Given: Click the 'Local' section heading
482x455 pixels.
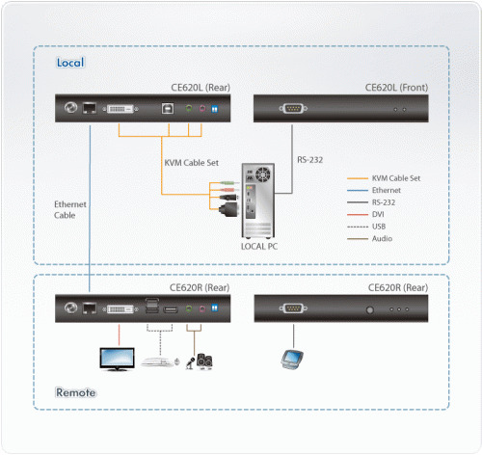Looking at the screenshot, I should click(x=70, y=64).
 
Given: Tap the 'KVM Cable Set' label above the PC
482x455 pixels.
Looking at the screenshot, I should click(x=193, y=163).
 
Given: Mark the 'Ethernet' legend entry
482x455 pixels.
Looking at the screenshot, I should click(x=388, y=190).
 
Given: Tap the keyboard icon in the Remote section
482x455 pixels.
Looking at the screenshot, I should click(x=159, y=362).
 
